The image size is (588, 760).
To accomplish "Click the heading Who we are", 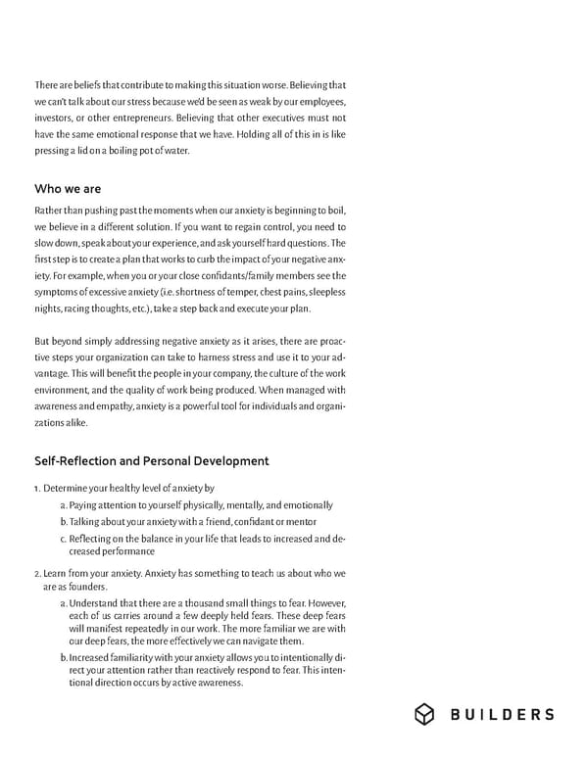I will pos(68,188).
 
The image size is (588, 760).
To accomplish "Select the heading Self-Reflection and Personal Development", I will pos(151,460).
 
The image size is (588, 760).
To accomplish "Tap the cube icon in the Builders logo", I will pos(424,715).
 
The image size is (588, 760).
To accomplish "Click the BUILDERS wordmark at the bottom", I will pos(502,715).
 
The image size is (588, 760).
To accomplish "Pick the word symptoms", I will pos(59,291).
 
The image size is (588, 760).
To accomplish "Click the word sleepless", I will pos(322,291).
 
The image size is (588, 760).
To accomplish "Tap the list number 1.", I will pos(37,488).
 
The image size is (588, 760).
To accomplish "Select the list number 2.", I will pos(37,573).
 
